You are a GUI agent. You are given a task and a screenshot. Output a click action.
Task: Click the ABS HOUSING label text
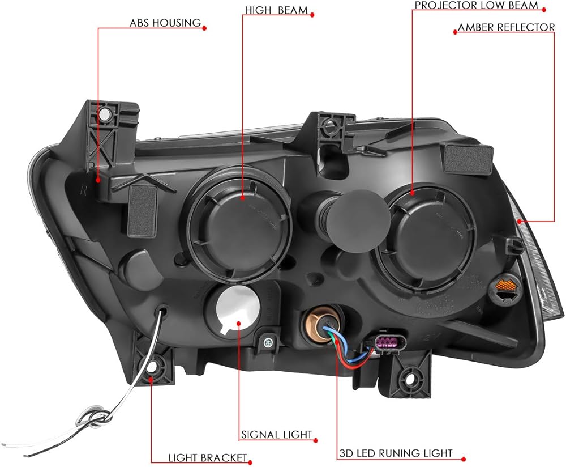pyautogui.click(x=165, y=23)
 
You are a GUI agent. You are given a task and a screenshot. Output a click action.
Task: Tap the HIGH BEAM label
pyautogui.click(x=276, y=10)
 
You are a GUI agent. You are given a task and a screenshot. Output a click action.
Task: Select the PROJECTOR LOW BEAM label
pyautogui.click(x=476, y=6)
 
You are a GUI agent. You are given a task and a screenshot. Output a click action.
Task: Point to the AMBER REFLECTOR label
pyautogui.click(x=506, y=27)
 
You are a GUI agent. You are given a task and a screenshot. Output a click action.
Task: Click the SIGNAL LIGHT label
pyautogui.click(x=277, y=434)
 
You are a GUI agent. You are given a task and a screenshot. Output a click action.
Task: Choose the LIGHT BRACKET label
pyautogui.click(x=207, y=458)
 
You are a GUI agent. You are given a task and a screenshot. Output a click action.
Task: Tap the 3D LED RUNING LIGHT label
pyautogui.click(x=396, y=453)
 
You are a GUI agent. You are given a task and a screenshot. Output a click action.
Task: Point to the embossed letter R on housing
pyautogui.click(x=83, y=192)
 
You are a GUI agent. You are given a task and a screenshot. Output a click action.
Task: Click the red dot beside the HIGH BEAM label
pyautogui.click(x=312, y=15)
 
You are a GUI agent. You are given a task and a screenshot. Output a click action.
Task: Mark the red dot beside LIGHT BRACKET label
pyautogui.click(x=250, y=462)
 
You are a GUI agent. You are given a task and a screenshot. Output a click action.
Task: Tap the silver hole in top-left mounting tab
pyautogui.click(x=105, y=114)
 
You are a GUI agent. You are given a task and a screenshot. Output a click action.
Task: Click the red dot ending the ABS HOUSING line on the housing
pyautogui.click(x=98, y=179)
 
